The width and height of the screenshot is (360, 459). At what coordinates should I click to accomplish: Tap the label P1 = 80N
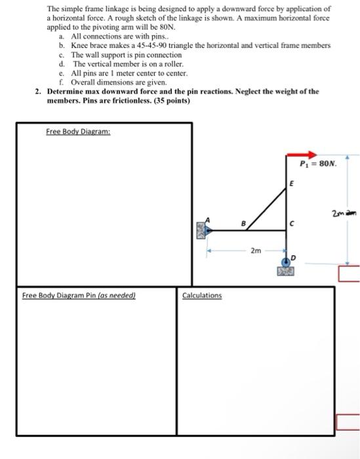click(318, 164)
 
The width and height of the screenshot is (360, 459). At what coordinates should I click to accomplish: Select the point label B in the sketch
click(244, 222)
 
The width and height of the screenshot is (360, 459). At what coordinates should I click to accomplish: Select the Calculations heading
click(202, 296)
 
